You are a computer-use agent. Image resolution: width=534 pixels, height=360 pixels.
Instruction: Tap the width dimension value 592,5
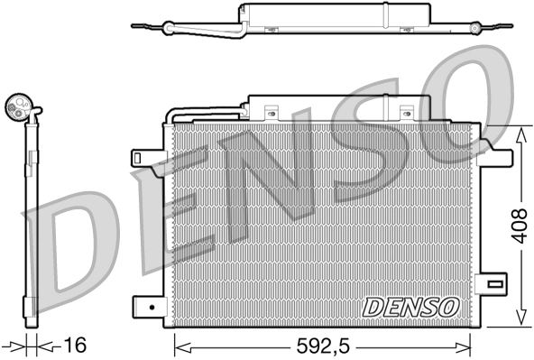[x=323, y=345]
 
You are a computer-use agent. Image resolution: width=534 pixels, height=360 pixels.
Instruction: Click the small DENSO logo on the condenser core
[x=410, y=307]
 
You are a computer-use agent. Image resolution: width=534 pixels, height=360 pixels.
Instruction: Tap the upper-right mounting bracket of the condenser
[x=493, y=154]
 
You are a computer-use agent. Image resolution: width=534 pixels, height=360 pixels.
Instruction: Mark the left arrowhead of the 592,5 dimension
[x=178, y=343]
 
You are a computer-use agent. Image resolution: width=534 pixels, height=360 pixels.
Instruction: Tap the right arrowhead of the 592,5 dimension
[x=466, y=343]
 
